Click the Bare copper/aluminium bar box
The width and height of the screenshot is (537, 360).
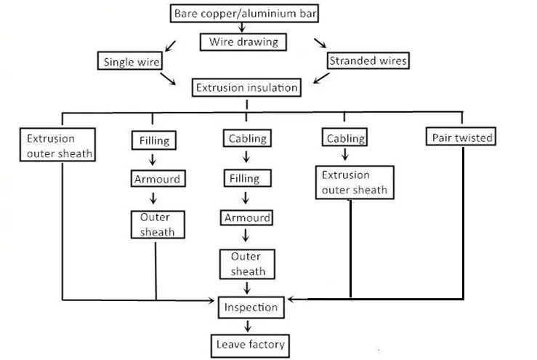click(246, 13)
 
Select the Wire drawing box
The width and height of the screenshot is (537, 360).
click(243, 41)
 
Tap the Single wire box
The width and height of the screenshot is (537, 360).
click(129, 61)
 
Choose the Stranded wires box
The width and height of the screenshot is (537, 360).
click(368, 61)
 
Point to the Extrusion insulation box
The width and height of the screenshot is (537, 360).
click(246, 88)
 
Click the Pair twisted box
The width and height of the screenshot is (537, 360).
click(463, 137)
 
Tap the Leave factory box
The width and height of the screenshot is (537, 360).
click(250, 344)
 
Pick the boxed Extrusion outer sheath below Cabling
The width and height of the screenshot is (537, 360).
click(355, 183)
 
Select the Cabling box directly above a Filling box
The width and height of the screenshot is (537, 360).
click(247, 138)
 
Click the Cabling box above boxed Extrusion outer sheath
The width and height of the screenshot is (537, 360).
click(346, 138)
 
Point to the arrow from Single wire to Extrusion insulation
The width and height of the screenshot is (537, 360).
click(168, 77)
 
